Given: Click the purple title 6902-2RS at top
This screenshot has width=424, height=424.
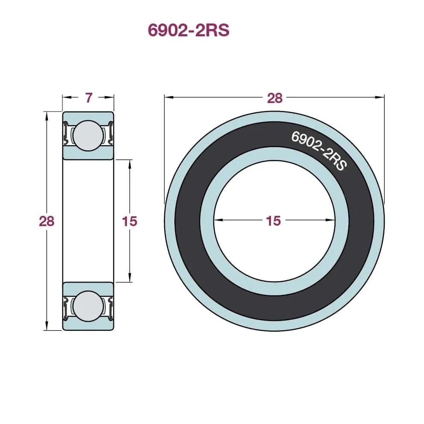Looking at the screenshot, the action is click(188, 30).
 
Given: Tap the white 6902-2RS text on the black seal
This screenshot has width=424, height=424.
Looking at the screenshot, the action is click(319, 150).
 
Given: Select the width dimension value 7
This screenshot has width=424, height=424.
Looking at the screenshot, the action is click(89, 97).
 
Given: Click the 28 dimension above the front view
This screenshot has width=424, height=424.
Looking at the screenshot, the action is click(275, 98).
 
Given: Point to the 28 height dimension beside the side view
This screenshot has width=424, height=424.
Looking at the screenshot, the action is click(47, 221).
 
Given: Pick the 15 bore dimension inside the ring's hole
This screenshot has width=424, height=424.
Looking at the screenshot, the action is click(274, 221).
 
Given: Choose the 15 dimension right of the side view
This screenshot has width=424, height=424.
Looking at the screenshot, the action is click(130, 221).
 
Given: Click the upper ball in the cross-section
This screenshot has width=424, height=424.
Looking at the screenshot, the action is click(88, 135).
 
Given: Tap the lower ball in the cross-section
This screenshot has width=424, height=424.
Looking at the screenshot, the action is click(88, 306).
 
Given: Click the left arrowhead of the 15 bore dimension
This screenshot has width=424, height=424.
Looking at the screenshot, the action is click(218, 220).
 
